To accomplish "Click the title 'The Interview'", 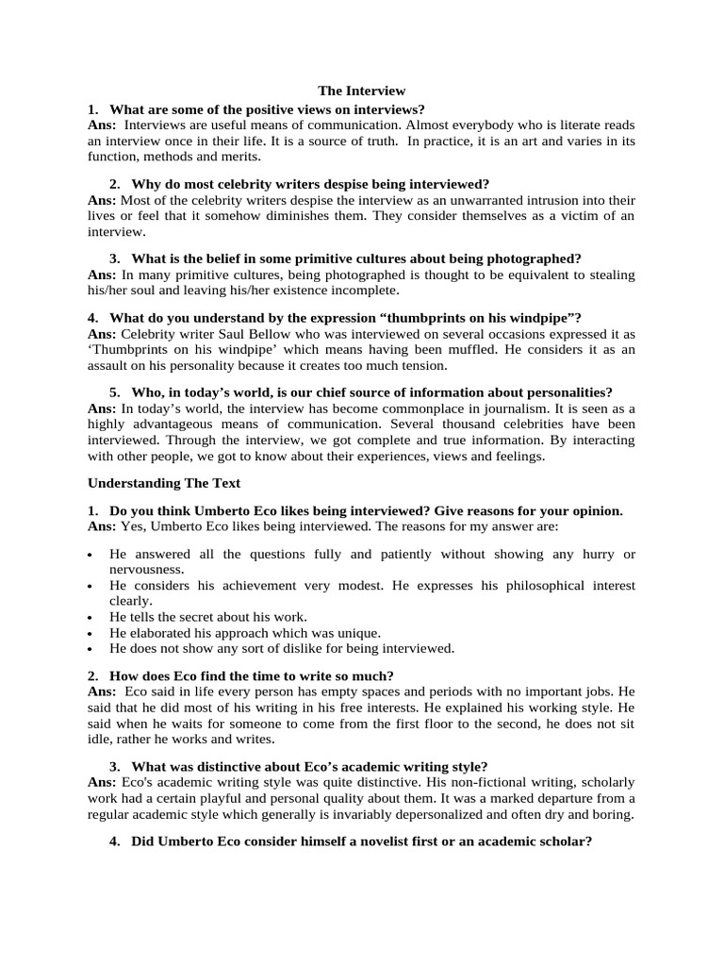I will [362, 91].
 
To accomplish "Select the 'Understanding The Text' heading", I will [164, 483].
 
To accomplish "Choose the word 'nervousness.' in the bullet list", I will [147, 570].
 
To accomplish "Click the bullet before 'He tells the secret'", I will [90, 618].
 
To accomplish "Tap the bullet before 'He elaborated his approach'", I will [90, 634].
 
